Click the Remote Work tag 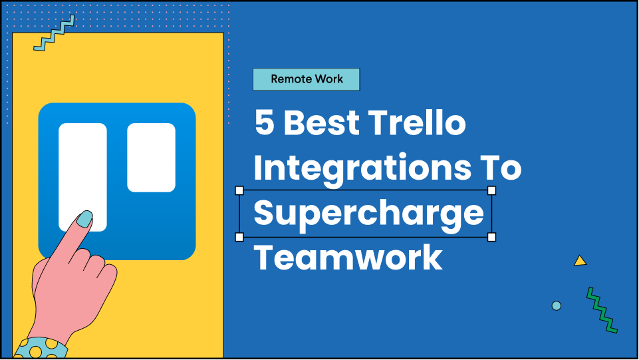pyautogui.click(x=307, y=79)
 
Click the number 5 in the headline pyautogui.click(x=265, y=124)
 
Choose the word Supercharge pyautogui.click(x=368, y=213)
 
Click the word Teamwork pyautogui.click(x=348, y=257)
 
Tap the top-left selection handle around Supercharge pyautogui.click(x=240, y=191)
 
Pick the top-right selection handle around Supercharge pyautogui.click(x=491, y=191)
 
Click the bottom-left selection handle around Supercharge pyautogui.click(x=240, y=237)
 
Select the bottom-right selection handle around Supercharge pyautogui.click(x=491, y=237)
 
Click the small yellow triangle pyautogui.click(x=580, y=261)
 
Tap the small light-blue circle pyautogui.click(x=557, y=305)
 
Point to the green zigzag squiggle pyautogui.click(x=602, y=309)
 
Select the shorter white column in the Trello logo pyautogui.click(x=151, y=157)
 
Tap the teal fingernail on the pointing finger pyautogui.click(x=84, y=218)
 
